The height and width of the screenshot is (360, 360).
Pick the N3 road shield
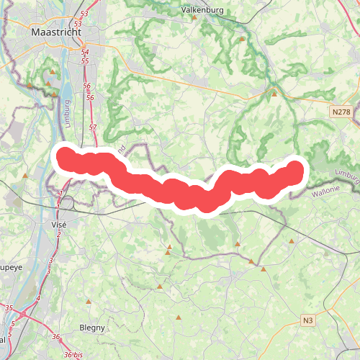[308, 320]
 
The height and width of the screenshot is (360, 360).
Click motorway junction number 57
[92, 127]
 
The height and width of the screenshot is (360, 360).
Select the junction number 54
[85, 52]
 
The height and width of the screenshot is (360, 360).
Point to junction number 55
[85, 60]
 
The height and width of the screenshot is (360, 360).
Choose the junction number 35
[9, 308]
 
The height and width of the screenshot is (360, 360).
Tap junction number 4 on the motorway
[37, 298]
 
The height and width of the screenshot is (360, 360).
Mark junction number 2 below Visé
[58, 234]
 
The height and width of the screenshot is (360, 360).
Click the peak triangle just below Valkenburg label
[194, 17]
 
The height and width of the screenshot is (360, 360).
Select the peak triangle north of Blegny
[87, 301]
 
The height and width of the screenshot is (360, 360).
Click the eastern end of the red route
[294, 170]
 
